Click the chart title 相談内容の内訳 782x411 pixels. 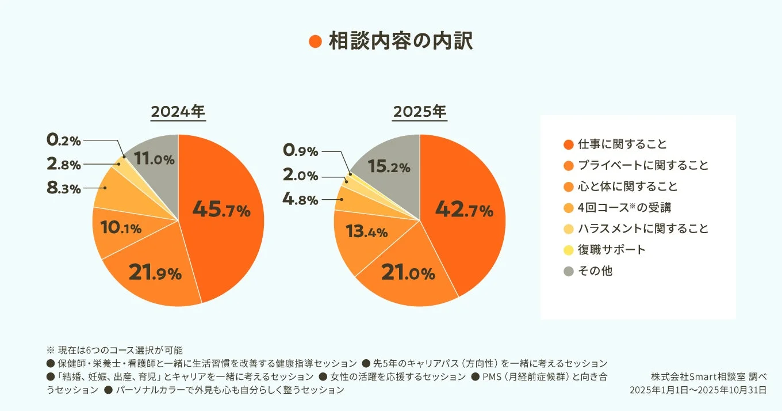(400, 42)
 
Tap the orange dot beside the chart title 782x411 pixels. (315, 42)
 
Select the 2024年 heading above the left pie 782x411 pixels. (178, 112)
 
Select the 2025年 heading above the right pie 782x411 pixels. (419, 112)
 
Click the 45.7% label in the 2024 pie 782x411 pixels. (221, 210)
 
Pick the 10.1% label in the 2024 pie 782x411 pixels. (121, 228)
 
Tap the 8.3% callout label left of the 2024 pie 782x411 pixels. (64, 188)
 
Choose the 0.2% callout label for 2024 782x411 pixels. (64, 140)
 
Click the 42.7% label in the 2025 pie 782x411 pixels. (464, 210)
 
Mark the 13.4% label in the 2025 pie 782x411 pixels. (366, 231)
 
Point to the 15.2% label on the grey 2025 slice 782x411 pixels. (389, 166)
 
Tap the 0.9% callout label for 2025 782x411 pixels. (300, 151)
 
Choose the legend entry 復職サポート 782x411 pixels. (611, 250)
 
